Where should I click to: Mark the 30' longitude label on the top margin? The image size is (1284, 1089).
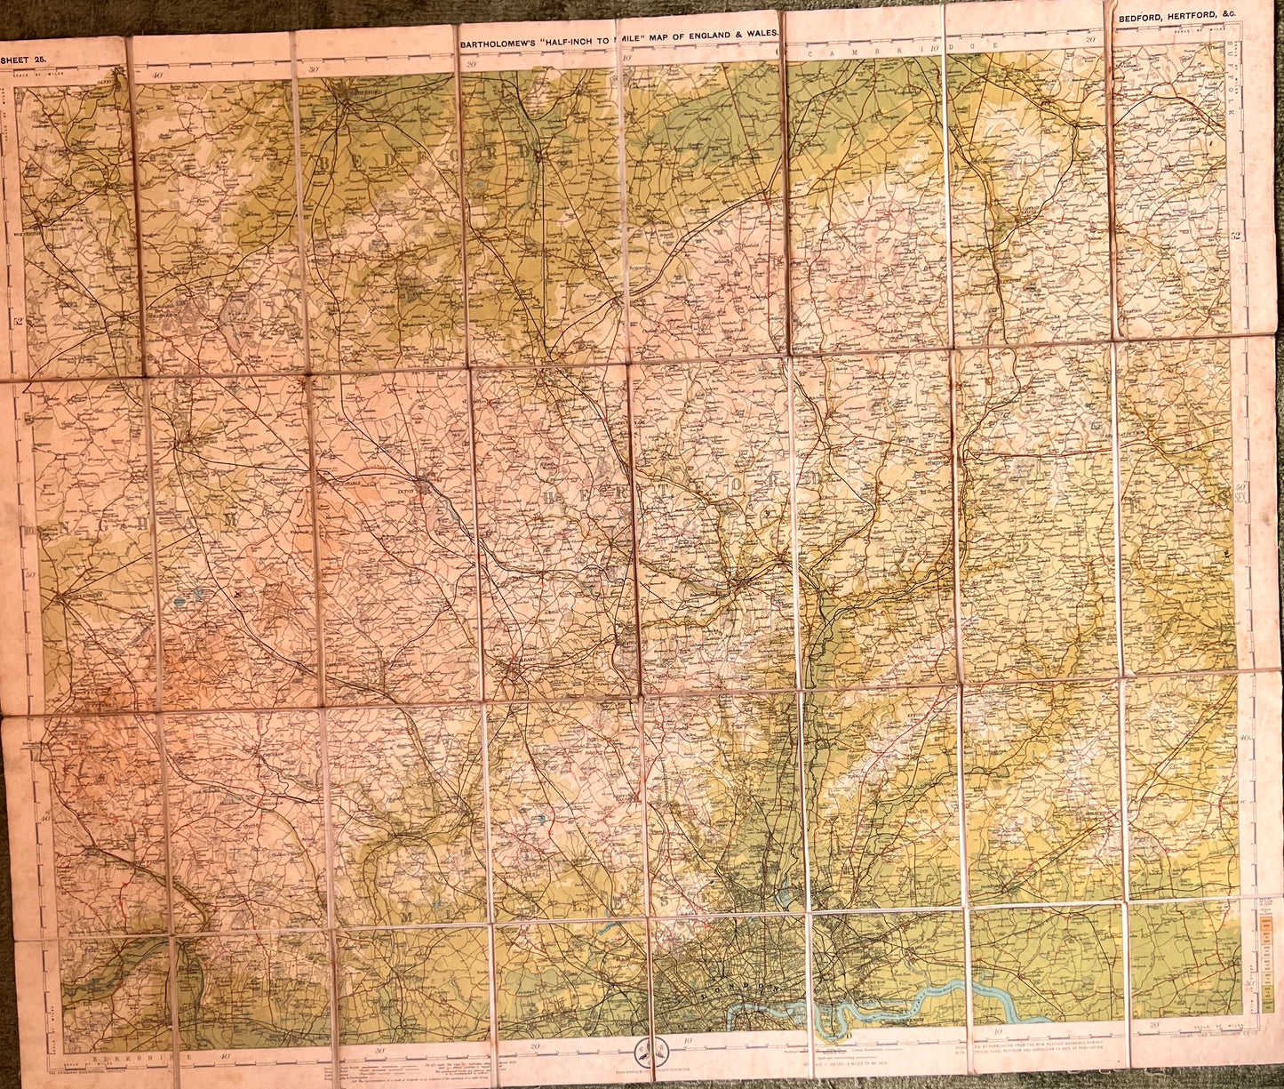coord(312,69)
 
